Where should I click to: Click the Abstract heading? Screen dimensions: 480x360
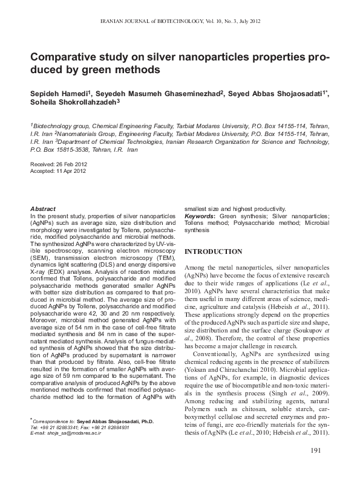coord(43,208)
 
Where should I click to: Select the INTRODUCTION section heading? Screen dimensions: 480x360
coord(213,251)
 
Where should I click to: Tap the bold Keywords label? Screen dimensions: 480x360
coord(200,216)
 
